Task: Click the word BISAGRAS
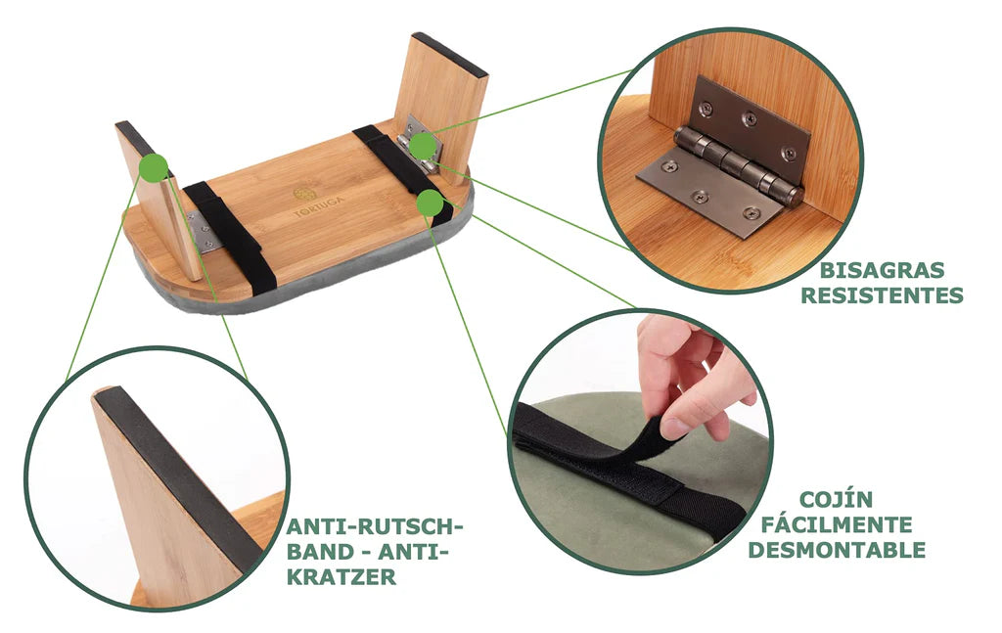coord(882,270)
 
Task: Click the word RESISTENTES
coord(882,295)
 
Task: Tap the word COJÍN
coord(836,499)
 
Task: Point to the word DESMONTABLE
coord(837,549)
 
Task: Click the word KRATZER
coord(342,577)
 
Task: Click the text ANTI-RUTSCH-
coord(374,527)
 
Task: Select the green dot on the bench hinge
coord(423,147)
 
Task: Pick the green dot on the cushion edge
coord(430,203)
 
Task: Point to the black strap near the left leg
coord(230,238)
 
